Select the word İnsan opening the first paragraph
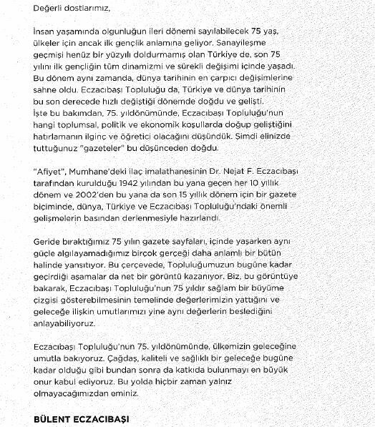(47, 33)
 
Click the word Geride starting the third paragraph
(48, 242)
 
